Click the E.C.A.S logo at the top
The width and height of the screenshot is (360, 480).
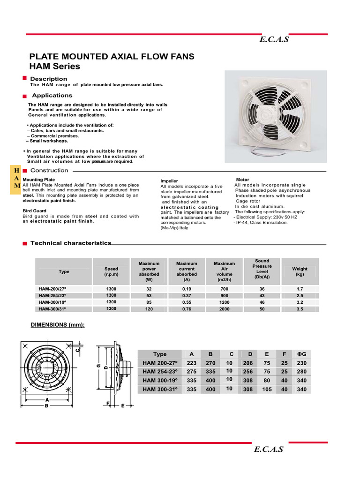point(274,39)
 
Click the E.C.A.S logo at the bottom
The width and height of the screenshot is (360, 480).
point(269,450)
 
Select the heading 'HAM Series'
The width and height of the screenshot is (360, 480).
point(55,67)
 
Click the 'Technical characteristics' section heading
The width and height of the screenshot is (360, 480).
point(71,243)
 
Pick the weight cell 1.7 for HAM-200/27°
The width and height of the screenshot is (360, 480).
point(300,289)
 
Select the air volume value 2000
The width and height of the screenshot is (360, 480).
point(225,309)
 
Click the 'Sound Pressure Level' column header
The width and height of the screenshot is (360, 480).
point(262,269)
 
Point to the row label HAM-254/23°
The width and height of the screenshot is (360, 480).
point(52,296)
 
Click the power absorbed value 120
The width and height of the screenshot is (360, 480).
point(149,309)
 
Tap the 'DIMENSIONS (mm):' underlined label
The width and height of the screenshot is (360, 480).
point(58,325)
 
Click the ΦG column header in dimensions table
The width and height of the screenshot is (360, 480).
point(301,354)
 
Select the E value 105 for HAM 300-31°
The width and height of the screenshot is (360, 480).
point(267,389)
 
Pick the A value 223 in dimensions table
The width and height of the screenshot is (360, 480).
point(191,363)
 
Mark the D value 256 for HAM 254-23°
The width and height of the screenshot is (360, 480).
point(247,371)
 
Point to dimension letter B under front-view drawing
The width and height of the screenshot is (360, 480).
point(46,406)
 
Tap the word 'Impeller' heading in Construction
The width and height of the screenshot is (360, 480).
point(169,181)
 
